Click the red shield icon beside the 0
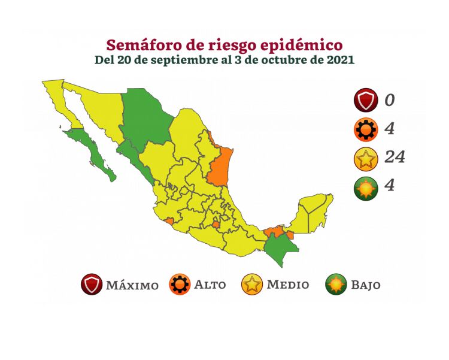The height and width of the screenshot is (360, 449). pyautogui.click(x=365, y=100)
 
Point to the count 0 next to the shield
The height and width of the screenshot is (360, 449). pyautogui.click(x=390, y=100)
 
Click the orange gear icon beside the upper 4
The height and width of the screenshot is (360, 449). pyautogui.click(x=365, y=129)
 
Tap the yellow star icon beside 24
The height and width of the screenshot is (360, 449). pyautogui.click(x=365, y=158)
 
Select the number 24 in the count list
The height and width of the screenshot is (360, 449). pyautogui.click(x=395, y=158)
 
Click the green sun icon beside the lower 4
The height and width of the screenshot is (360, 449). pyautogui.click(x=365, y=186)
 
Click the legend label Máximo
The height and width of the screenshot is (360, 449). pyautogui.click(x=132, y=285)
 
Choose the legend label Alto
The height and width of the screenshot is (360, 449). pyautogui.click(x=210, y=285)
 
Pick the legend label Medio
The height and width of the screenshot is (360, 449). pyautogui.click(x=288, y=285)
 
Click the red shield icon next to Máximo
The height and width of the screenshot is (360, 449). pyautogui.click(x=92, y=285)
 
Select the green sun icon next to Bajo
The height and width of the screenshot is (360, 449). pyautogui.click(x=336, y=285)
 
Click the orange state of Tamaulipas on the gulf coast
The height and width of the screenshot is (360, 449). pyautogui.click(x=220, y=165)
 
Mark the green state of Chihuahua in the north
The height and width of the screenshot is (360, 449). pyautogui.click(x=147, y=120)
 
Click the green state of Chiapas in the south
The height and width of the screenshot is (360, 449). pyautogui.click(x=278, y=247)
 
